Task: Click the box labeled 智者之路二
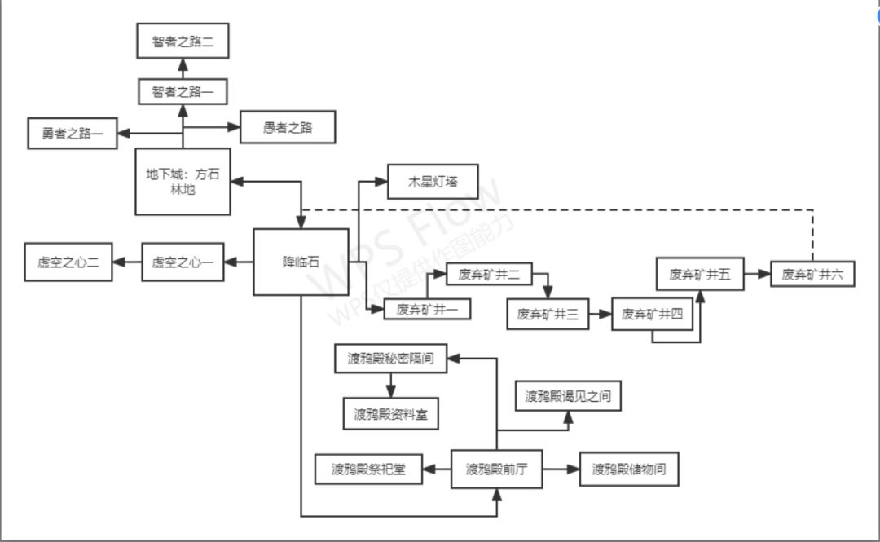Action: pos(183,42)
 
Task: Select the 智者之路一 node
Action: pos(183,92)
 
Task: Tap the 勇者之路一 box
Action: pos(73,133)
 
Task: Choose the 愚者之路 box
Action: pos(288,127)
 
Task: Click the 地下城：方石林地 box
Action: pos(183,181)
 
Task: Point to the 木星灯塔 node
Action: pos(433,183)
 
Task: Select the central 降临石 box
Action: pos(301,262)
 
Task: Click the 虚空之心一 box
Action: pos(183,262)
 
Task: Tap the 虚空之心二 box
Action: pos(68,262)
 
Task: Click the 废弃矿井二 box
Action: pos(489,275)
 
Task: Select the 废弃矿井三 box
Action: pos(548,314)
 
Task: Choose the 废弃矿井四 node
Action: pos(652,314)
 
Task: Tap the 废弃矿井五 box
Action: pos(701,274)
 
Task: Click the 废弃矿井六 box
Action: pos(812,275)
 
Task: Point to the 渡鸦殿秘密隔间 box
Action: pos(391,359)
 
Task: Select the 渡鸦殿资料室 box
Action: pos(391,414)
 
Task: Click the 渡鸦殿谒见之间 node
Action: pos(568,397)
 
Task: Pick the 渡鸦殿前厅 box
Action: pos(497,469)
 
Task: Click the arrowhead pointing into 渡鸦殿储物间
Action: pos(574,469)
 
